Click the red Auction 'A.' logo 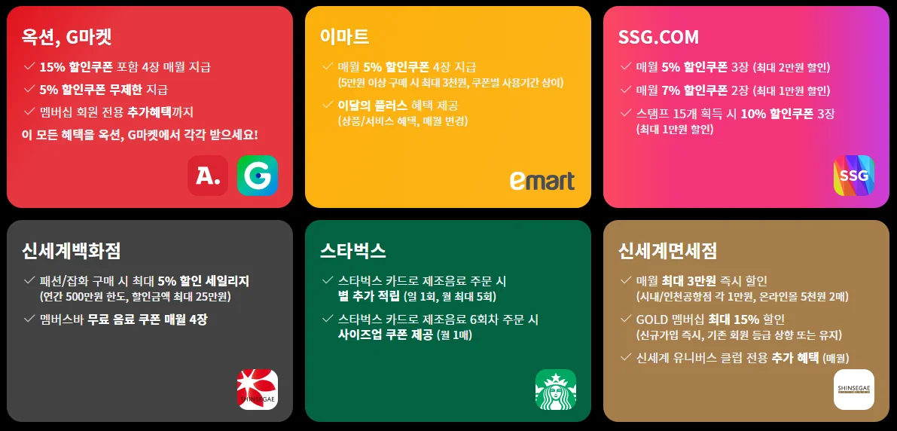[x=208, y=176]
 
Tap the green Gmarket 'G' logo [x=258, y=176]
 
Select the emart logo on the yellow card [x=542, y=180]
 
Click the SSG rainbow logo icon [x=853, y=176]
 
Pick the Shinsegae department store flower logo [x=258, y=390]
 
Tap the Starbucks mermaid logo [x=555, y=390]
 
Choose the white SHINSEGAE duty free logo [x=853, y=390]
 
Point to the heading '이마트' [x=344, y=37]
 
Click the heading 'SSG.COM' [x=658, y=37]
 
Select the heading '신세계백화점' [x=72, y=250]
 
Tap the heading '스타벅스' [x=353, y=250]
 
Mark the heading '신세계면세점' [x=667, y=250]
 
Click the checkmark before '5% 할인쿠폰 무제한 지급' [x=29, y=89]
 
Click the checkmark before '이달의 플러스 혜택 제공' [x=327, y=105]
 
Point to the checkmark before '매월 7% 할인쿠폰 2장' [x=625, y=90]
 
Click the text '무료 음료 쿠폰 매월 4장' [x=147, y=319]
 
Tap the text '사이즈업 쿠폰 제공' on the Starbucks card [x=386, y=335]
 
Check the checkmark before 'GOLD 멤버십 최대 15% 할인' [x=625, y=319]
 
